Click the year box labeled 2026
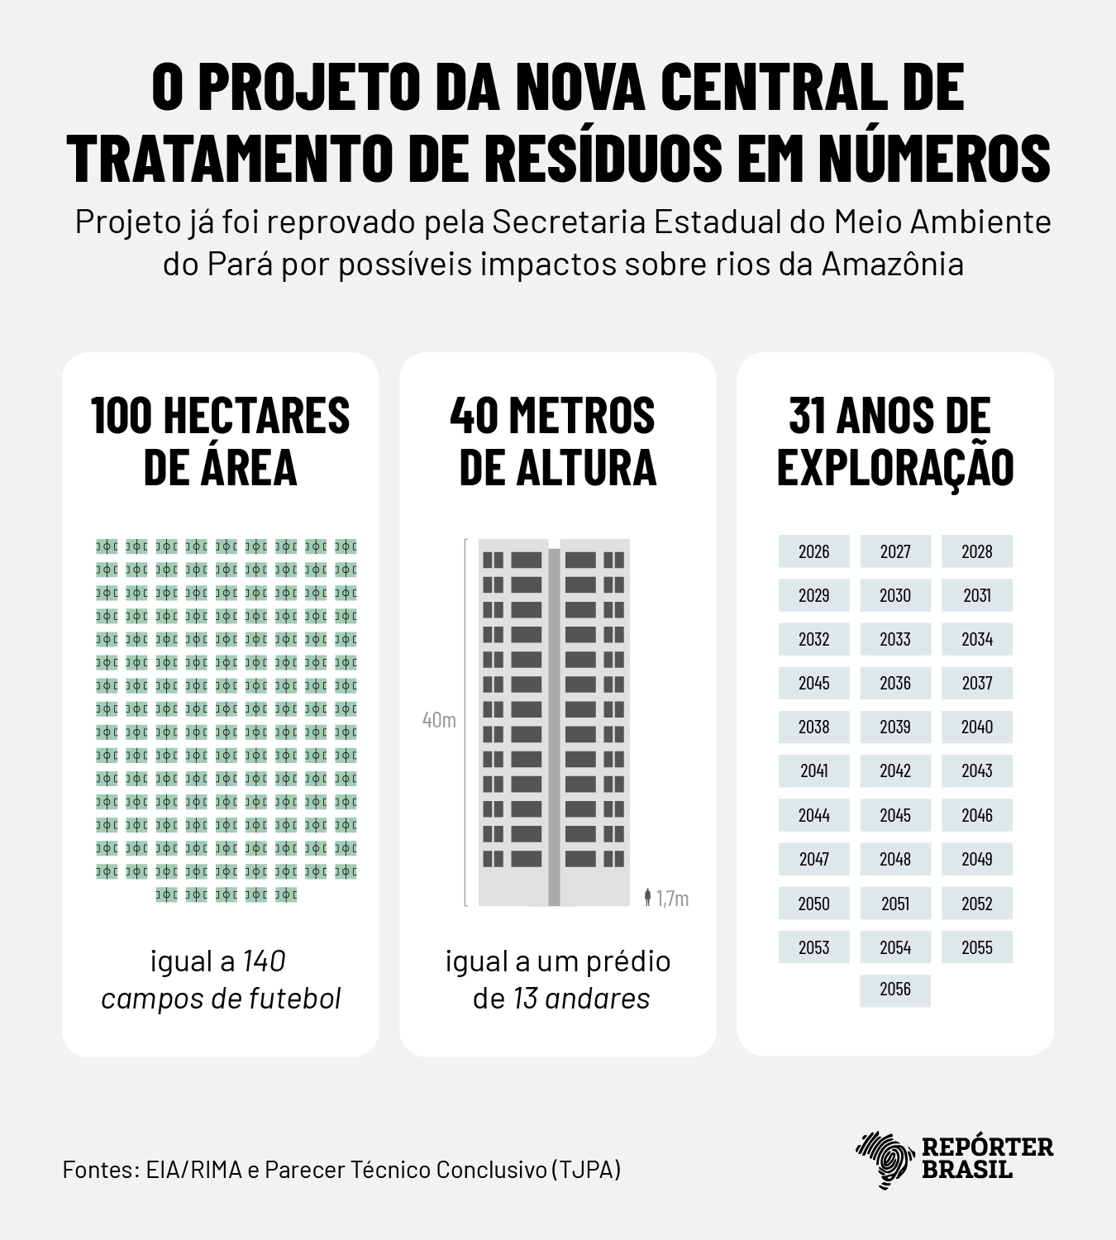click(813, 551)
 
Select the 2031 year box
click(976, 595)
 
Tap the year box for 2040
click(976, 727)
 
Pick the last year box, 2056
click(894, 990)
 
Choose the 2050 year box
click(813, 903)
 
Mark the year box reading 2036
click(894, 683)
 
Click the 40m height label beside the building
click(439, 720)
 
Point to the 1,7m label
click(673, 899)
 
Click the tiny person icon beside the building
click(647, 897)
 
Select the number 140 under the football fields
click(264, 961)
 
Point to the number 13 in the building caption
click(525, 999)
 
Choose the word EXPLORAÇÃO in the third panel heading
click(894, 467)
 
